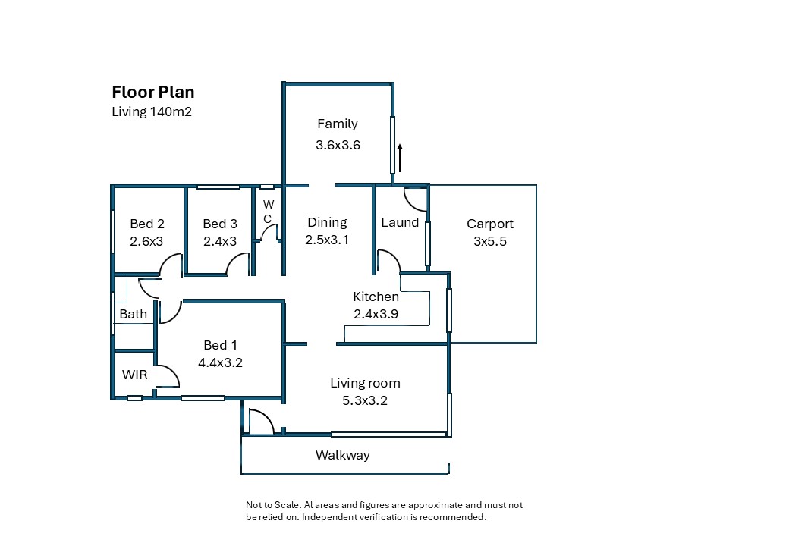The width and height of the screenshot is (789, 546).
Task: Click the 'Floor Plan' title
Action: [153, 92]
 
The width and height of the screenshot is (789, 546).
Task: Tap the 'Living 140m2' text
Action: [152, 111]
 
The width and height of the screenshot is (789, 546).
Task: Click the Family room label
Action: [338, 124]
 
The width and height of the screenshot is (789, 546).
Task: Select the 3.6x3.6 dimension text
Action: [338, 145]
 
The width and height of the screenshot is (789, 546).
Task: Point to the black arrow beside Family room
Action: [400, 158]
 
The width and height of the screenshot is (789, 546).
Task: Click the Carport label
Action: [489, 224]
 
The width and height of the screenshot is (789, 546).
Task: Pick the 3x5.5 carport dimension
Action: [489, 241]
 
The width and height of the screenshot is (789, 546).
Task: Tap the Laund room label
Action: [400, 222]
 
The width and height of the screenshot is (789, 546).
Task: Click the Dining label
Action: [327, 223]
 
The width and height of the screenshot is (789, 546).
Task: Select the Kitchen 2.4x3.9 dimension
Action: [376, 314]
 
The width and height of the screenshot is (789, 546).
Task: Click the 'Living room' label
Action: [365, 384]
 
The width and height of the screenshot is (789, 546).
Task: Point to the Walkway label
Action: [343, 456]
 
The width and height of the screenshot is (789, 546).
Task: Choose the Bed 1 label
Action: [220, 345]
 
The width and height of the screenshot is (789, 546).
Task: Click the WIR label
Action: [134, 375]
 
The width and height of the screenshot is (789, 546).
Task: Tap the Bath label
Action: [133, 314]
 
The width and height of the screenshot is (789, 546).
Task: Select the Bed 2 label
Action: [147, 224]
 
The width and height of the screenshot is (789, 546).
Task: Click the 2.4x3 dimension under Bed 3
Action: [220, 241]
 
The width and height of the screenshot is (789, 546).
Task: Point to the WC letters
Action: [269, 212]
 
